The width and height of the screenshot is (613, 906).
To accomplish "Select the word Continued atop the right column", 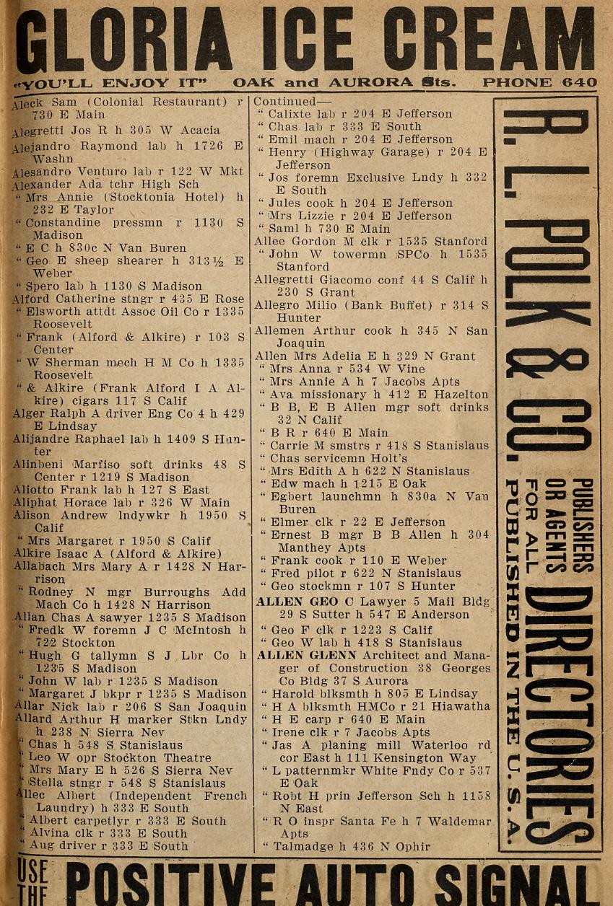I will (284, 102).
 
